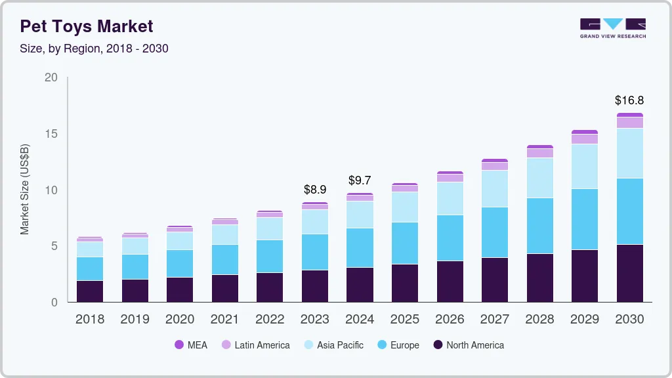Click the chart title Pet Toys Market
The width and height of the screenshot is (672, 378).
(x=86, y=26)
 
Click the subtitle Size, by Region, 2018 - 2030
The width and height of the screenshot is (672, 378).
(x=94, y=49)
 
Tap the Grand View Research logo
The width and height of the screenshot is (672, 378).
(x=612, y=28)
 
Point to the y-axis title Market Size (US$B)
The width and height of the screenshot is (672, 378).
(x=25, y=189)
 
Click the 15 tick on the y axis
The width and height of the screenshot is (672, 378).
(x=51, y=134)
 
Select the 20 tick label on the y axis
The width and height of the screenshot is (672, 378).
(x=51, y=77)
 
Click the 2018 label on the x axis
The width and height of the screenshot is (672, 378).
(x=89, y=320)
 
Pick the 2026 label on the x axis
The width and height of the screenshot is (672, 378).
(x=450, y=320)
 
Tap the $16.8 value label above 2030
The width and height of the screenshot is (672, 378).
(x=629, y=100)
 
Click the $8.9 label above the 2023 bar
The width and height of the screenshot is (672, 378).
(x=315, y=189)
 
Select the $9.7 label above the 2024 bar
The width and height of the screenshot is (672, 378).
(x=360, y=180)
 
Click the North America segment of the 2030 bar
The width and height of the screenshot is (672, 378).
(x=629, y=273)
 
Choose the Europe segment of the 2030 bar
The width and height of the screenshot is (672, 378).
(x=629, y=211)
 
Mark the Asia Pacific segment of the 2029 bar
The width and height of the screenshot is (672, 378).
(x=584, y=166)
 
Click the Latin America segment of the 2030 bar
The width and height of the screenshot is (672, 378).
(x=629, y=123)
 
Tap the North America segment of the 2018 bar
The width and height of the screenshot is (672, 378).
(x=89, y=291)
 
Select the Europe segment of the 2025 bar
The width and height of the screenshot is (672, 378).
(x=404, y=243)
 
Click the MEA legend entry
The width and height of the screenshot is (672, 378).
(x=191, y=345)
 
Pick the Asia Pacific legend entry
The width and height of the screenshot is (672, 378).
(x=333, y=345)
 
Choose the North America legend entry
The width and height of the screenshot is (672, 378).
(x=468, y=345)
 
